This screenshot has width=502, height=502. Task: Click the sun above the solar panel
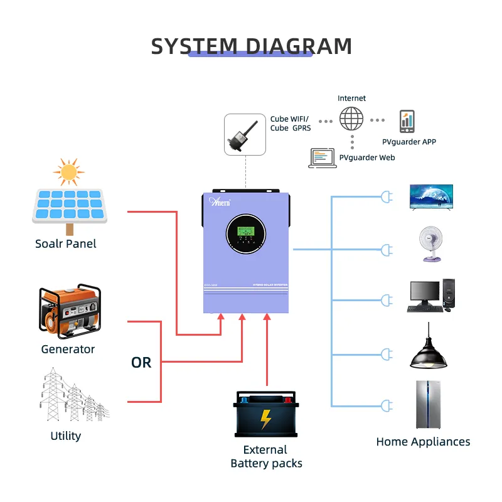[68, 171]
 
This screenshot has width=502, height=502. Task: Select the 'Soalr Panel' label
[66, 243]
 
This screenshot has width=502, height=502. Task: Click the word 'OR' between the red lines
[141, 363]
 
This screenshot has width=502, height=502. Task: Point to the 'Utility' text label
[66, 435]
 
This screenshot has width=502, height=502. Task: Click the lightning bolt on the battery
[266, 419]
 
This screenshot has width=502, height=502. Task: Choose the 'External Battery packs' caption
[266, 457]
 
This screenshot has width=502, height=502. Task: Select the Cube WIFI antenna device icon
[245, 134]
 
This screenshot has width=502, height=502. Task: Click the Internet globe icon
[351, 119]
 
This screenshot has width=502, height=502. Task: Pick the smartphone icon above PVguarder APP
[407, 121]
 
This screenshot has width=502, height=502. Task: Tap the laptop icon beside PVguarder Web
[323, 158]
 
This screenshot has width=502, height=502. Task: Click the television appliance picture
[431, 197]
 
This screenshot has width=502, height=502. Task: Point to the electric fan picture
[430, 244]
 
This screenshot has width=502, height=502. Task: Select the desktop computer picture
[430, 296]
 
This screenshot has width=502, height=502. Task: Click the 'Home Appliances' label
[423, 442]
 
